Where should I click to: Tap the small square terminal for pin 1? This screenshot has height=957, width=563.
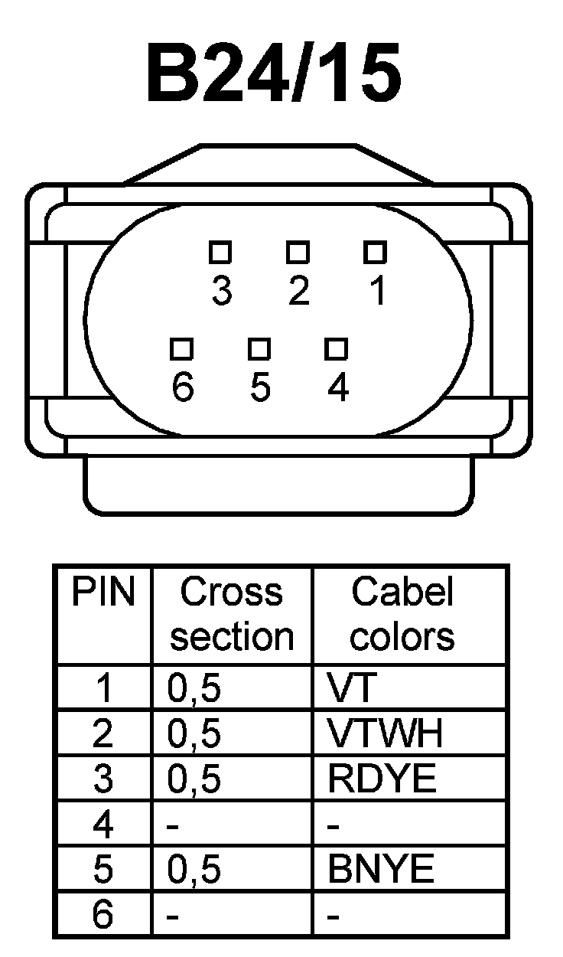point(375,251)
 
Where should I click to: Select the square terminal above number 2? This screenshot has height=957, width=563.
point(298,251)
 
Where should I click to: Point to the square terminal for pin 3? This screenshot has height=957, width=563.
point(221,251)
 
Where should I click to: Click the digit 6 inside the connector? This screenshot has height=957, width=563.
point(183,389)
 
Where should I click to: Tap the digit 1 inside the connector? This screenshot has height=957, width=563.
point(376,292)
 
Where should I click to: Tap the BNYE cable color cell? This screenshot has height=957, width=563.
point(381,870)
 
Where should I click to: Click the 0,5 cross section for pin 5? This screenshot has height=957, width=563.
point(194,870)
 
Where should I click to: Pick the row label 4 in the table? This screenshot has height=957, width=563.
point(103,825)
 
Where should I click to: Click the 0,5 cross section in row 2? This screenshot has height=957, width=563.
point(194,734)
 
